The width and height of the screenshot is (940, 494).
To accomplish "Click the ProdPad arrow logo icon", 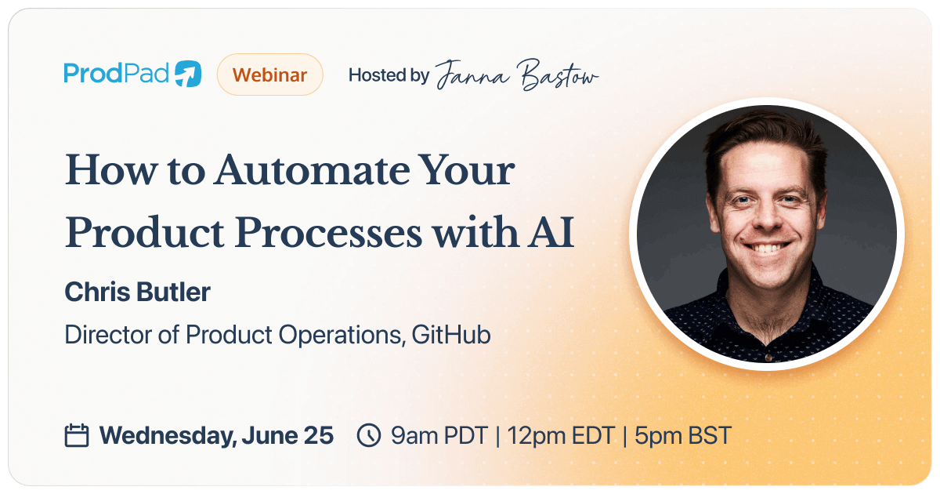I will tap(188, 74).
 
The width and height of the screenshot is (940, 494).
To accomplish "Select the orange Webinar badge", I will tap(269, 74).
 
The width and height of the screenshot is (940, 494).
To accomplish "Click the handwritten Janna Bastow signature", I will tap(517, 76).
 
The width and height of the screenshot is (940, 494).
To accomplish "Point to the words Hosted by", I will tap(389, 75).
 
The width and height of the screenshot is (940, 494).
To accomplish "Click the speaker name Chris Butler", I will tap(137, 292).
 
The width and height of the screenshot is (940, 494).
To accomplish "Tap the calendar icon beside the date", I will tap(76, 435).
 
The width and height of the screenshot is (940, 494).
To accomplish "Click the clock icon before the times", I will tap(368, 435).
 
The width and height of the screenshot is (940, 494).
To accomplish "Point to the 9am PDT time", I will tap(439, 435).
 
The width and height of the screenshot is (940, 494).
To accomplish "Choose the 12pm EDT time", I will tap(560, 435).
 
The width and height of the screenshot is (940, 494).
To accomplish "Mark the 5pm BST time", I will tap(682, 435).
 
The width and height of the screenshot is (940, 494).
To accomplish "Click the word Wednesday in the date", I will tap(164, 435).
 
